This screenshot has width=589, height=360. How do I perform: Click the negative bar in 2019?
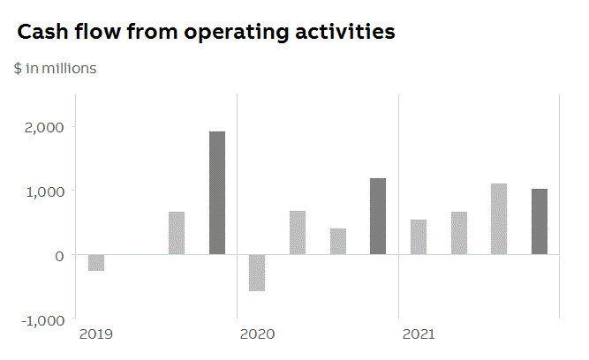click(x=96, y=262)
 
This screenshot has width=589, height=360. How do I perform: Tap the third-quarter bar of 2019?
click(x=177, y=233)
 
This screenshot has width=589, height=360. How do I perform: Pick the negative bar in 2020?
click(x=257, y=273)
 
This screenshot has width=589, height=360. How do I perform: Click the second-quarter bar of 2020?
click(x=298, y=233)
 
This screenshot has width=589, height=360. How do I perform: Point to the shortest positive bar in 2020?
click(x=338, y=242)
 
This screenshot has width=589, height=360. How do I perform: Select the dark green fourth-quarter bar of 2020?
click(x=378, y=216)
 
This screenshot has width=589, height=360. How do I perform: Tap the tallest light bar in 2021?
click(x=499, y=219)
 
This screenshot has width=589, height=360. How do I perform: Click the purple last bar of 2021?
click(x=540, y=221)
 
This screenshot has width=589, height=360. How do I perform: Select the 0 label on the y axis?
click(x=60, y=255)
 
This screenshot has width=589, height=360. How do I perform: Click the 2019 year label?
click(x=95, y=334)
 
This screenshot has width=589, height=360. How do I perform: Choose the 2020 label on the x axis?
click(x=257, y=334)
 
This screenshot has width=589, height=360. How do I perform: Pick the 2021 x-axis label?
click(x=419, y=334)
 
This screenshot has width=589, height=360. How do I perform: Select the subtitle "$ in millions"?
click(x=55, y=68)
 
